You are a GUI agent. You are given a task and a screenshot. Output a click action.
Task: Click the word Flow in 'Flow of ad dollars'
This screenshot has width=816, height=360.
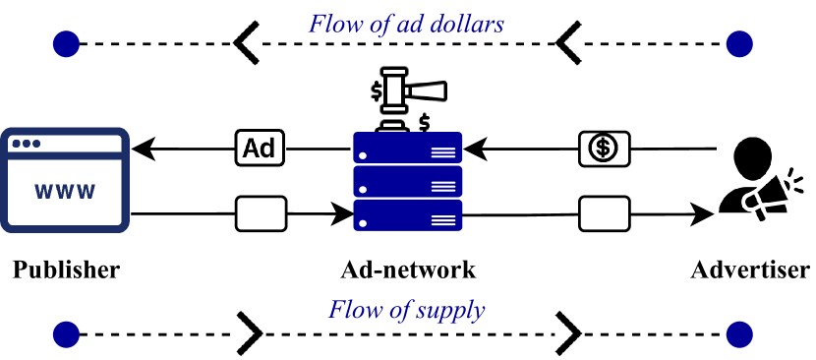tap(332, 24)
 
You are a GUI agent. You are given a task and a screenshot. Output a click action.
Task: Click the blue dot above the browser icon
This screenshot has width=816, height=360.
tap(66, 44)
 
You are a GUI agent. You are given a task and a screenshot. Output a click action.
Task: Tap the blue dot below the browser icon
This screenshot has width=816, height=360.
tap(66, 334)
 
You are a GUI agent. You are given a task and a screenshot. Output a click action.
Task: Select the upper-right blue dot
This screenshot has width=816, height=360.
tap(739, 44)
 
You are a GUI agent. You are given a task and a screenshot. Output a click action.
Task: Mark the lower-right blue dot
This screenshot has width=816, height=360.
tap(739, 334)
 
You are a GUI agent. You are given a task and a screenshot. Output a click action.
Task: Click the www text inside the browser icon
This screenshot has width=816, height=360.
tap(65, 192)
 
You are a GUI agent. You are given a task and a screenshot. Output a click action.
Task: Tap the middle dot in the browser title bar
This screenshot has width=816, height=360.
tap(27, 144)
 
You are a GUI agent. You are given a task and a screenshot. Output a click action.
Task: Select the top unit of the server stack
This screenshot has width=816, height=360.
tap(408, 148)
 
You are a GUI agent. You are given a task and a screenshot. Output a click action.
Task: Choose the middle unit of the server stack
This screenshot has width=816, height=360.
tap(408, 181)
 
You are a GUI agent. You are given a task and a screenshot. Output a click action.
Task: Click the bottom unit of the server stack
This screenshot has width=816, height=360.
tap(408, 215)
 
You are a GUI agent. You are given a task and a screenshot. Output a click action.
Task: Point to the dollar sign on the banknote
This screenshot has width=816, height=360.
tap(604, 149)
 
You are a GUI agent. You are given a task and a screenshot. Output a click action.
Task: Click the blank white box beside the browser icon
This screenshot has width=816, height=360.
tap(261, 213)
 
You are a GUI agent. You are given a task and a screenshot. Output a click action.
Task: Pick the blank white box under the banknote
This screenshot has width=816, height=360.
tap(604, 213)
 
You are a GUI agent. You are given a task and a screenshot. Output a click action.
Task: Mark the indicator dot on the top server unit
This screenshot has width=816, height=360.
tap(364, 155)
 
